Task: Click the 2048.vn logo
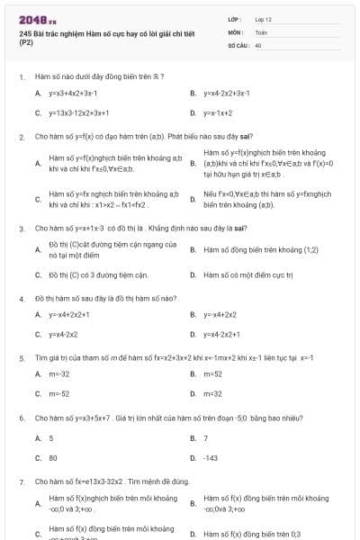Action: (x=37, y=20)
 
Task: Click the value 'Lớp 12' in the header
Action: (x=263, y=18)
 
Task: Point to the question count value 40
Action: (x=258, y=43)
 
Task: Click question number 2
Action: (x=21, y=137)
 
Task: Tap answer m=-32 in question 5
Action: (x=59, y=373)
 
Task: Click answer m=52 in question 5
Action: (x=212, y=373)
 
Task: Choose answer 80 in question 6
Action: (x=53, y=457)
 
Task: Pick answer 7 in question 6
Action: (x=205, y=437)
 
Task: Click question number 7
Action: (x=21, y=481)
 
